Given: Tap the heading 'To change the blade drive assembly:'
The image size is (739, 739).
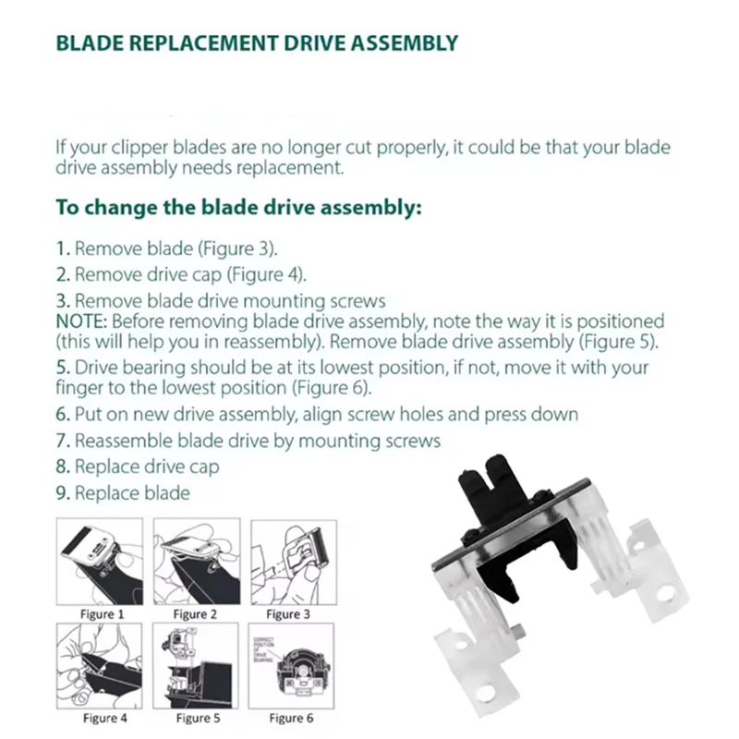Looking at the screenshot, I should pyautogui.click(x=239, y=207).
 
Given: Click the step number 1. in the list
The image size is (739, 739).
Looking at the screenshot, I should pyautogui.click(x=63, y=248).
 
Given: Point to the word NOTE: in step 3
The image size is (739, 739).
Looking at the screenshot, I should pyautogui.click(x=81, y=321).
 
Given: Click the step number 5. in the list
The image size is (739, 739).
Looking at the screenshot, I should pyautogui.click(x=63, y=368).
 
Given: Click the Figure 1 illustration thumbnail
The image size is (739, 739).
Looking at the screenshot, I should pyautogui.click(x=100, y=561).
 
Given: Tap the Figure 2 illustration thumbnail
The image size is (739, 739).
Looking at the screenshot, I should pyautogui.click(x=196, y=561).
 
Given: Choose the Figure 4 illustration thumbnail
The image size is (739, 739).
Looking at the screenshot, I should pyautogui.click(x=100, y=664).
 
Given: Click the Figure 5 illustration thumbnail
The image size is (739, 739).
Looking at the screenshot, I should pyautogui.click(x=196, y=664).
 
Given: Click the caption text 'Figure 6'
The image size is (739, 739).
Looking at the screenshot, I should pyautogui.click(x=291, y=718).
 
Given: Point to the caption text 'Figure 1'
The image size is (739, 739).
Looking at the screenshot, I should pyautogui.click(x=102, y=613).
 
